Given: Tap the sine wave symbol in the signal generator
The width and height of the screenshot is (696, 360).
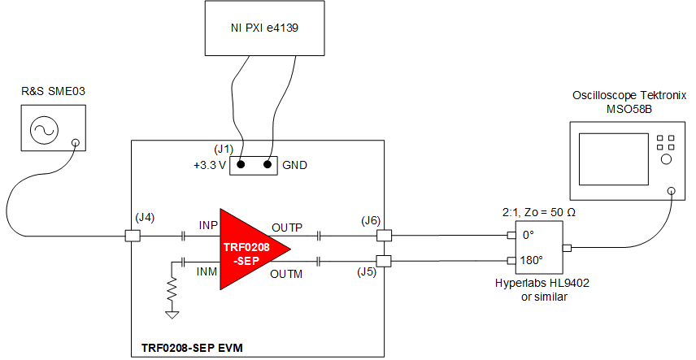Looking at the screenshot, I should (41, 130).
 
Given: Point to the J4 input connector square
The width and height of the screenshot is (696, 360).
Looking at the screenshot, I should (131, 236).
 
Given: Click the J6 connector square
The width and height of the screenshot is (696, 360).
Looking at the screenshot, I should (383, 236).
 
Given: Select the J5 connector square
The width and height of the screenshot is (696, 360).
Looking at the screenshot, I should (383, 261).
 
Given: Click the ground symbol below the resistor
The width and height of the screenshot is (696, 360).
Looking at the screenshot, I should (172, 313).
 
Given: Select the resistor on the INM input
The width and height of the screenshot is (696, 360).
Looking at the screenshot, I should (172, 288).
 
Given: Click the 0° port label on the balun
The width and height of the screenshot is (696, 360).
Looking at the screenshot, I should (529, 236).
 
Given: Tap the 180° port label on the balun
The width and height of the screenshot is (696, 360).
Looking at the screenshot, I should (532, 261).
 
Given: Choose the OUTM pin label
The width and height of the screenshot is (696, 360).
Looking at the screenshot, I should (289, 274).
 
